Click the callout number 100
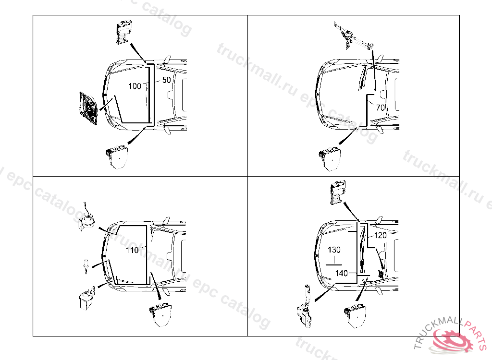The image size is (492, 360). (135, 86)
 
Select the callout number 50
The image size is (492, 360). (167, 80)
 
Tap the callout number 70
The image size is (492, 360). (381, 108)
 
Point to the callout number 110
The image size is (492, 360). (132, 250)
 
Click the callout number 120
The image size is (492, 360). (381, 235)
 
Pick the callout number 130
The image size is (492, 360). (334, 250)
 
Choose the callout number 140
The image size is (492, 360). (342, 273)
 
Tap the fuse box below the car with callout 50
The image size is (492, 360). (117, 157)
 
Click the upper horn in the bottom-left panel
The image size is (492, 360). (87, 218)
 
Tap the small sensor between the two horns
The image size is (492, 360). (86, 266)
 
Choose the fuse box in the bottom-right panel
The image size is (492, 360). (355, 315)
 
